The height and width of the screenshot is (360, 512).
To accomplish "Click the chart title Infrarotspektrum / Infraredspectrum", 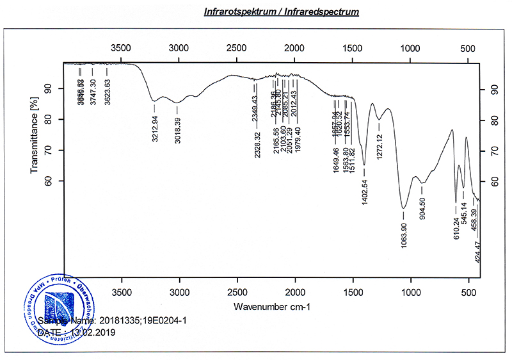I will point(281,12).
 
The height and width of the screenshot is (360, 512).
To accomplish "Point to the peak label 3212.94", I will point(155,129).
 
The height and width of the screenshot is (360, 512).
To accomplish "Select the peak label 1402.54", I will point(364,193).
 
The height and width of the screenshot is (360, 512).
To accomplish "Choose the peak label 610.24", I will point(457,228).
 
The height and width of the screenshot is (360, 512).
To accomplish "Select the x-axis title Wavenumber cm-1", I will point(272,306).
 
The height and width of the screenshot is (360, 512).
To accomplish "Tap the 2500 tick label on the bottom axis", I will point(237,293).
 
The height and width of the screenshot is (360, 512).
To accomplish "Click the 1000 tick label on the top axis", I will point(410,48).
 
